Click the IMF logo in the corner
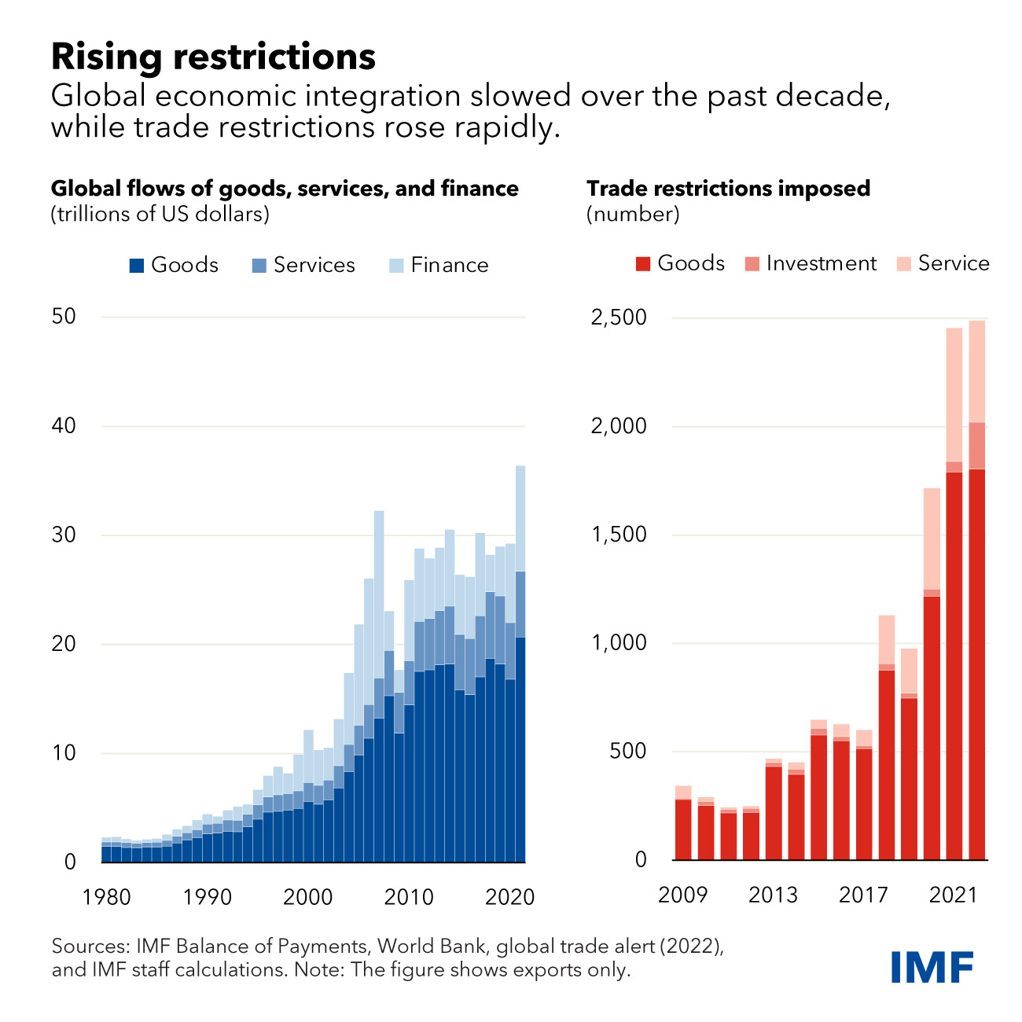[x=932, y=966]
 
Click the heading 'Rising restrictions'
[x=213, y=57]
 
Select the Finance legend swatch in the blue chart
[x=397, y=266]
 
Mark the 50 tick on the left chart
[x=64, y=317]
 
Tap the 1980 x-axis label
[x=107, y=897]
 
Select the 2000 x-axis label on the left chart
[x=308, y=897]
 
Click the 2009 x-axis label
[x=683, y=895]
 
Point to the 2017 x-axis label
[x=863, y=895]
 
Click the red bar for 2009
[x=683, y=829]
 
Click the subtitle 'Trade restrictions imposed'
[x=728, y=189]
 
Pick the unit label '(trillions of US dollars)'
[x=160, y=214]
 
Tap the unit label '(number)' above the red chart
[x=633, y=214]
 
